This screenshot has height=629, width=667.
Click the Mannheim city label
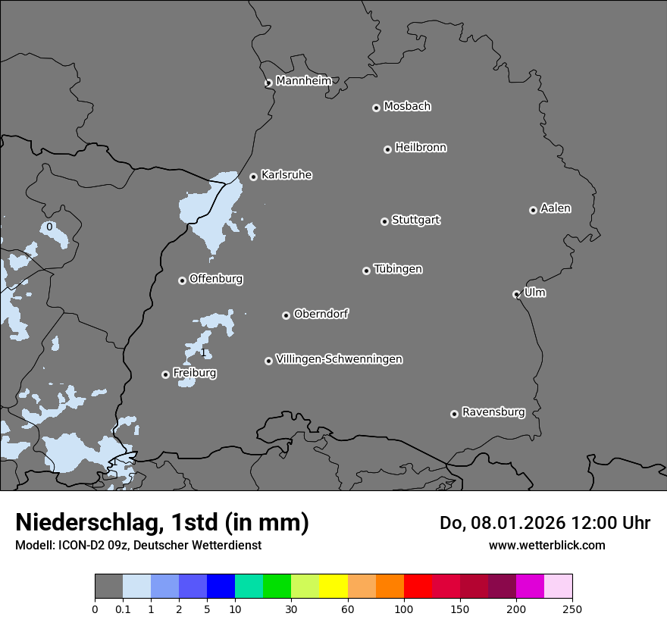pos(303,81)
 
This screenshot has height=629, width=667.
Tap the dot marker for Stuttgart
pos(384,221)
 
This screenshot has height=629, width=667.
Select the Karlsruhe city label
pos(287,175)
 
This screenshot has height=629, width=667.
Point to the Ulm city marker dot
pos(516,294)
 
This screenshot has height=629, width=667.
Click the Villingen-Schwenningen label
pos(339,359)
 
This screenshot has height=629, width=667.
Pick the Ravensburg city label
pos(493,412)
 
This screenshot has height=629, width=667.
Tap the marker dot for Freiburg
pos(165,374)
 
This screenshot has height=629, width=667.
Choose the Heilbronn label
pos(421,148)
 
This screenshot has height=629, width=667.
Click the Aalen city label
pos(556,208)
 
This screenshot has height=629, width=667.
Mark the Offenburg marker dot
pos(182,280)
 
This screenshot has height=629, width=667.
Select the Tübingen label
pos(398,269)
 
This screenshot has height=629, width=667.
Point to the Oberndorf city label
pos(321,314)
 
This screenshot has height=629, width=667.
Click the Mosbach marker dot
pos(376,108)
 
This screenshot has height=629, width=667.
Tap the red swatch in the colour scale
pos(418,587)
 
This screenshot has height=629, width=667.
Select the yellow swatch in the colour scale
pos(333,587)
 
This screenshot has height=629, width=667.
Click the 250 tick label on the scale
pos(572,609)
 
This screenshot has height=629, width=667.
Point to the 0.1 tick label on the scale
pos(123,609)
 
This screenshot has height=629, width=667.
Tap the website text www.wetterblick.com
pos(546,545)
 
